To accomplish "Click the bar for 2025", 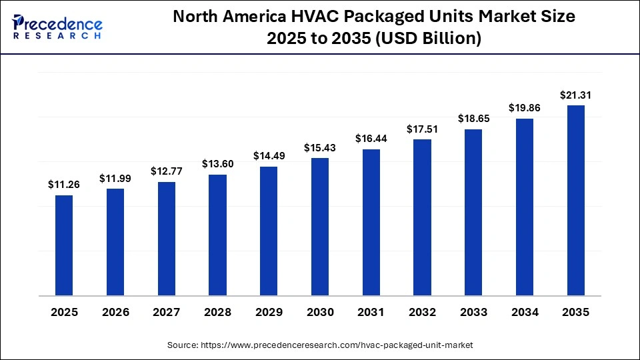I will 64,245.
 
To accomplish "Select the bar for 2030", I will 320,227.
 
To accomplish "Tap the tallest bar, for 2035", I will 575,200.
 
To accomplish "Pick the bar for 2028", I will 217,235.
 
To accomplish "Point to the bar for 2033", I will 473,212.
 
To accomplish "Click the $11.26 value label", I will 64,185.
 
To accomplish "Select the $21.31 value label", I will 575,95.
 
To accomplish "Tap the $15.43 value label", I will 320,147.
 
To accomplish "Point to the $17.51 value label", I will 422,129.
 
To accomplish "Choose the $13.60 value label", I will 217,164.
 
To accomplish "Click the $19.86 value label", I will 525,108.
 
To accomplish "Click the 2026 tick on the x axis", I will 115,312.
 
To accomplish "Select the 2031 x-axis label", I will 371,312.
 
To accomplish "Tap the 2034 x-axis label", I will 525,312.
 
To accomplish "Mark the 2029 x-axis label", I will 269,312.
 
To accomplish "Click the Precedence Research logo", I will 57,27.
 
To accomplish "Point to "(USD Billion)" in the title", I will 429,39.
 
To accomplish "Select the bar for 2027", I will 167,239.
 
